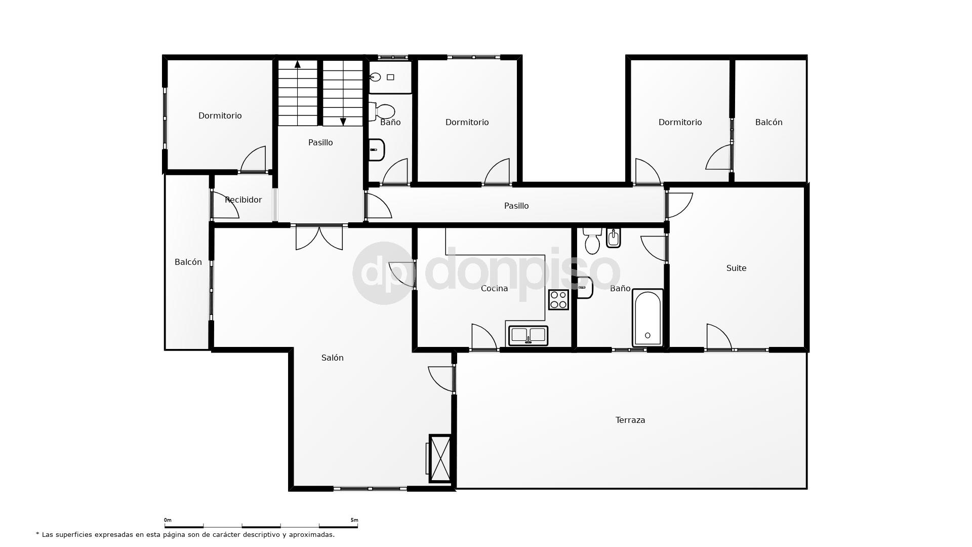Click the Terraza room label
[x=630, y=420]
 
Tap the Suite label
[x=736, y=268]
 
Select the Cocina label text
[x=494, y=288]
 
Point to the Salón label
[x=332, y=358]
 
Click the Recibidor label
[x=243, y=200]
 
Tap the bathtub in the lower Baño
[x=647, y=318]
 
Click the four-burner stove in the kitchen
[x=558, y=299]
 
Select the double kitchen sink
[x=528, y=335]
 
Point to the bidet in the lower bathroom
[x=613, y=238]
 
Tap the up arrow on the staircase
[x=298, y=64]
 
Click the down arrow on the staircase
[x=343, y=122]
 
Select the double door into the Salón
[x=319, y=237]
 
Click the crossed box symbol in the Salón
[x=439, y=458]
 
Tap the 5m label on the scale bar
[x=354, y=520]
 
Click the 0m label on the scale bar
[x=168, y=520]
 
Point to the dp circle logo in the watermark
[x=382, y=273]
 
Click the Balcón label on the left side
[x=188, y=262]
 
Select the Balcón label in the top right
[x=768, y=122]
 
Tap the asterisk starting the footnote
[x=37, y=534]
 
